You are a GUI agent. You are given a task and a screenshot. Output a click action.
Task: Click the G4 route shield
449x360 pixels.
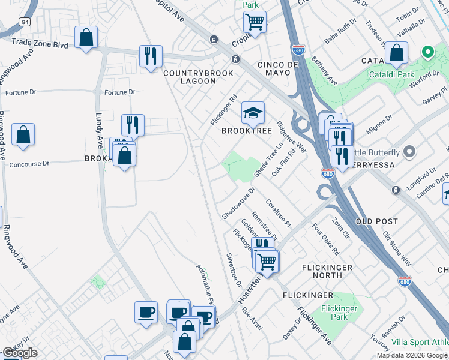click(24, 22)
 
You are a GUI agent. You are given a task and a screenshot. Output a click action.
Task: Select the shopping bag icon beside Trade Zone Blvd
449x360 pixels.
click(86, 37)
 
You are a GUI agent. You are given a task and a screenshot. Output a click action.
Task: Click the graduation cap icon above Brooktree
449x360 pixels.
click(253, 112)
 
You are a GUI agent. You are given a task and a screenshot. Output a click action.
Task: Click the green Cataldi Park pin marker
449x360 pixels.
click(427, 52)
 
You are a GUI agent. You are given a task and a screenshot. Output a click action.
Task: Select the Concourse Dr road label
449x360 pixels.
click(29, 163)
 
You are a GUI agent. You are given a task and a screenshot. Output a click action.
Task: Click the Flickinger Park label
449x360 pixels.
click(339, 313)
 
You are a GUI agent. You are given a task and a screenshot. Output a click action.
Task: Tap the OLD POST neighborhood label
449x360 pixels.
click(377, 221)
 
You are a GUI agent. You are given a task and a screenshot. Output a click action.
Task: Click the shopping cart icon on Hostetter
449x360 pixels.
click(267, 261)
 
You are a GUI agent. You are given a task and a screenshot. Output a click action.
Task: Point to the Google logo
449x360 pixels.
click(20, 353)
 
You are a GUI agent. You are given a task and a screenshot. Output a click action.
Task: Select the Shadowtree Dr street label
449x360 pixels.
click(238, 203)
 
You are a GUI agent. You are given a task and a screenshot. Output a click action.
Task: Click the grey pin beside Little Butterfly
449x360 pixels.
click(410, 152)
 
